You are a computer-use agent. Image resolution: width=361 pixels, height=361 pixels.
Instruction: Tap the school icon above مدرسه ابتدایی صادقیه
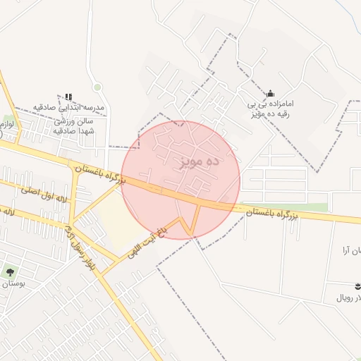[x=68, y=97]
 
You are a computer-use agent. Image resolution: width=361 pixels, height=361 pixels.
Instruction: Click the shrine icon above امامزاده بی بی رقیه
[x=270, y=94]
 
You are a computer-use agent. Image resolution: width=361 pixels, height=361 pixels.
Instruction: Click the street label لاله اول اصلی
[x=44, y=195]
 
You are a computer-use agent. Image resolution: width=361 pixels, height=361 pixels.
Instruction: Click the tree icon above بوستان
[x=10, y=271]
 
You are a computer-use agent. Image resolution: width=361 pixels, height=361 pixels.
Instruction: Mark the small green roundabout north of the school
[x=97, y=87]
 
